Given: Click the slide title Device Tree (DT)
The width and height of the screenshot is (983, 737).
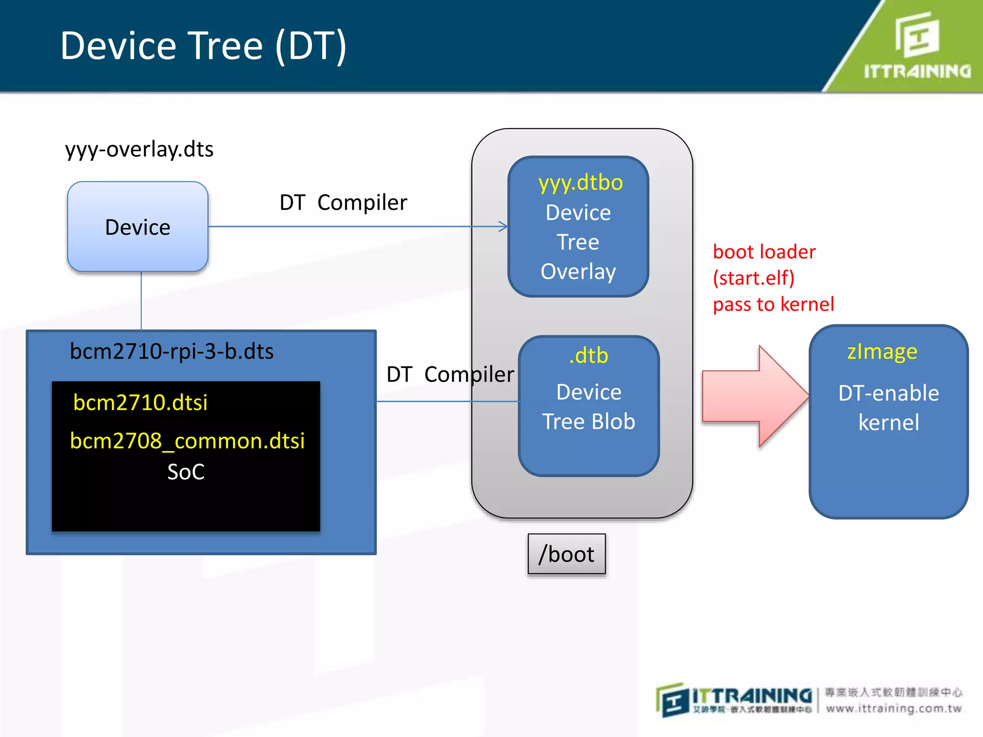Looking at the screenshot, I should pos(204,46).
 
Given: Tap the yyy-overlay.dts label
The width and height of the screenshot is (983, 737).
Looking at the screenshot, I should pos(139,149).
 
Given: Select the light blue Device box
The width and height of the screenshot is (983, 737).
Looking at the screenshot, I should pos(138,227).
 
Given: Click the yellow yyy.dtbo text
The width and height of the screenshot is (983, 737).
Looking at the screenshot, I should pos(580,183).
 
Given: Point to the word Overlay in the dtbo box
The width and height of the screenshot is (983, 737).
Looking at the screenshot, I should pos(578,272).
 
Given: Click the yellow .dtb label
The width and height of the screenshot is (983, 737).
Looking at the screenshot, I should pos(588,356).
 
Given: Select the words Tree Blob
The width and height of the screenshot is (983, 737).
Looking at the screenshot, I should pos(588,422).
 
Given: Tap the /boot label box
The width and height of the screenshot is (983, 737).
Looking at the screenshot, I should pos(566,554).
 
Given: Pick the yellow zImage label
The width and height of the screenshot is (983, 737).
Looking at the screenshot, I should pos(882,352).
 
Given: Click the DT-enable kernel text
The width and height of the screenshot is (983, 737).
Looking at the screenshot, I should pos(888,408).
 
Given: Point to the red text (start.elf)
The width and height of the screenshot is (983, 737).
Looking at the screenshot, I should pos(754,278).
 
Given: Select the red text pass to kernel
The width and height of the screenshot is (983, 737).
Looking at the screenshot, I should pos(773,304).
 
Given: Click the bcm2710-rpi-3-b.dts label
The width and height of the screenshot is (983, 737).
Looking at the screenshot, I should pos(171,352).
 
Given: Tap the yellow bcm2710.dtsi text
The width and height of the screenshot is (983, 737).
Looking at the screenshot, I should pos(140,403).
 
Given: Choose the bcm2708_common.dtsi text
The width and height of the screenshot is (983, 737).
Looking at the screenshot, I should pos(187,441).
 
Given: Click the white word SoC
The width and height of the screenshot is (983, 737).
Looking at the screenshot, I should pos(186,472).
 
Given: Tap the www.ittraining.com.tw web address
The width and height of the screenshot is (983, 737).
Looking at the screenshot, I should pos(894,709).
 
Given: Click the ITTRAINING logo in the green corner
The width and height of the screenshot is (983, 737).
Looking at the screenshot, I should pos(917,48).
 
